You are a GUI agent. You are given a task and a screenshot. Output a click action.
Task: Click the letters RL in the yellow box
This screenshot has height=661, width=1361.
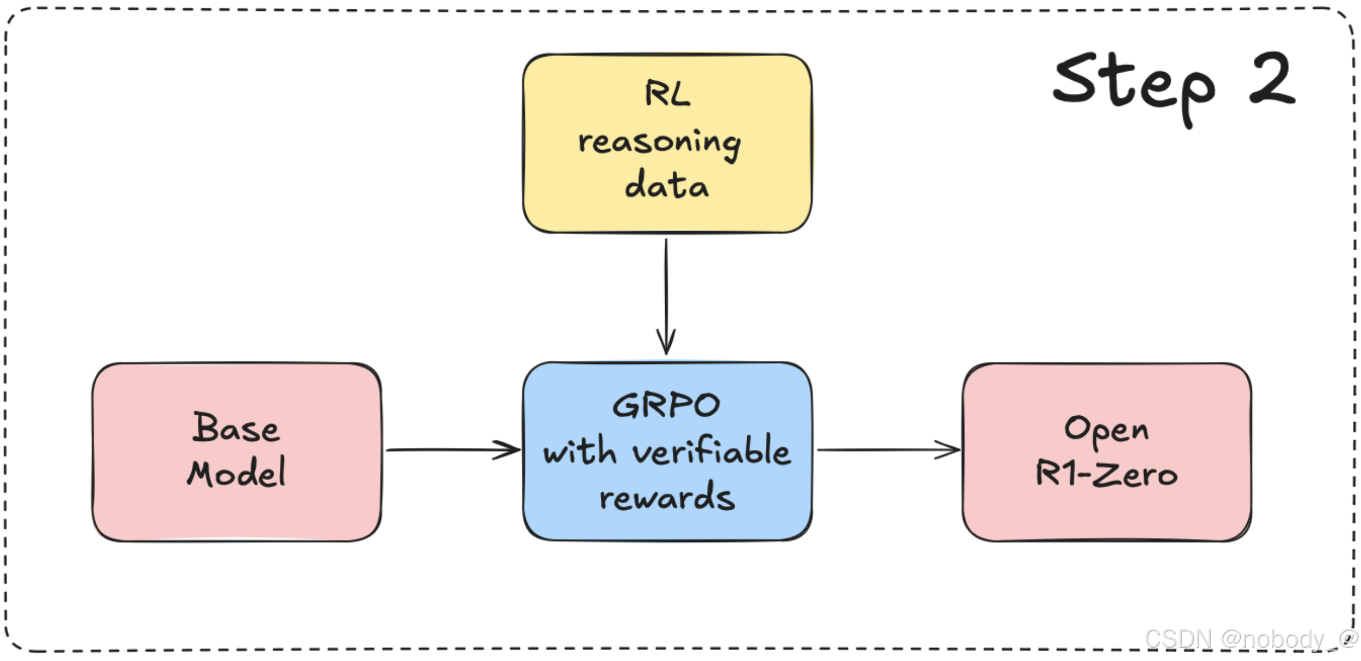(x=667, y=94)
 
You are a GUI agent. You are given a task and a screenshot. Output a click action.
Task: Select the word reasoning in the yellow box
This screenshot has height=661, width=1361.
(x=660, y=143)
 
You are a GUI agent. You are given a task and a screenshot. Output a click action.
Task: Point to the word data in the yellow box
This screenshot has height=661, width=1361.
(x=666, y=185)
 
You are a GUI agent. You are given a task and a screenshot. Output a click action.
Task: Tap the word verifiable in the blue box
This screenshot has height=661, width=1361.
(x=711, y=451)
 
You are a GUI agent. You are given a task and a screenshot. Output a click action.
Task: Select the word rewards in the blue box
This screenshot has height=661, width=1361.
(x=667, y=497)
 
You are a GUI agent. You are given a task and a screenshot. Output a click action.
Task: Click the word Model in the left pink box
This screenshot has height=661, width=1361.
(x=236, y=473)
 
